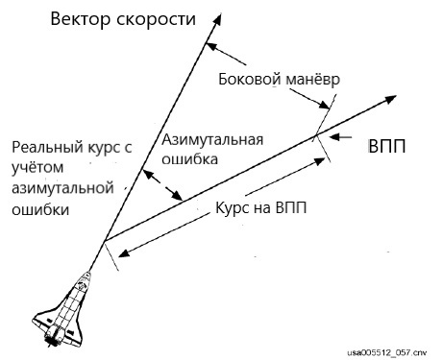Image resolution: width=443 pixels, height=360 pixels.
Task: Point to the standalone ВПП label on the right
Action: click(x=386, y=150)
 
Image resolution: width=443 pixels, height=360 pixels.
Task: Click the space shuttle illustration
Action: click(x=64, y=307)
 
